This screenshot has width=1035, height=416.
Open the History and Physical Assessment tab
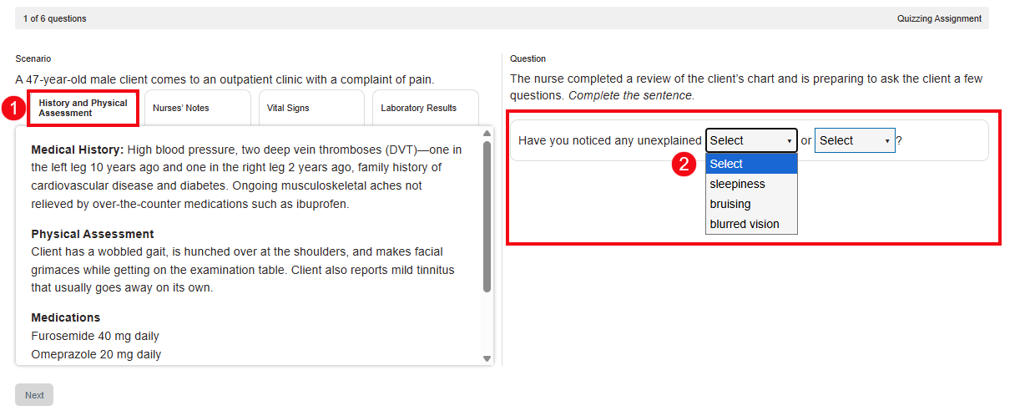coord(83,108)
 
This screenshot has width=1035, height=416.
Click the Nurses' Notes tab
coord(181,108)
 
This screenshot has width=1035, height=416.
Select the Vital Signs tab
coord(288,108)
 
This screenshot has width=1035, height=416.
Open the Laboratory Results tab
coord(419,108)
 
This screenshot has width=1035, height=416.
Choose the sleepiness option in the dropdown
coord(737,184)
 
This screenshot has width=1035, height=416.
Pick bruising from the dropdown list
coord(730,204)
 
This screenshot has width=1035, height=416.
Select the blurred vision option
coord(745,224)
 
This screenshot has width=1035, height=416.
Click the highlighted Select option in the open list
coord(727,164)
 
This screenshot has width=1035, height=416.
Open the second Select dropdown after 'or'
coord(855,140)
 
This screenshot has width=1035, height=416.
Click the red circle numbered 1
coord(13,108)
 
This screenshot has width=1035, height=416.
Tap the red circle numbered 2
coord(684,164)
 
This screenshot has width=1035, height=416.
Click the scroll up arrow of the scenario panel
coord(487,134)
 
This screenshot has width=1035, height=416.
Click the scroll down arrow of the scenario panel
coord(487,358)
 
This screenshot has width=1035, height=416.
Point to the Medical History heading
coord(78,150)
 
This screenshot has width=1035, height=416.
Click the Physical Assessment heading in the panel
coord(93,234)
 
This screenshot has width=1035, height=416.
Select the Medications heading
coord(66,317)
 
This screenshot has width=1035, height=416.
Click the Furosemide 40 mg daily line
coord(95,336)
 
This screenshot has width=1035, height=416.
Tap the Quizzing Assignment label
coord(939,18)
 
